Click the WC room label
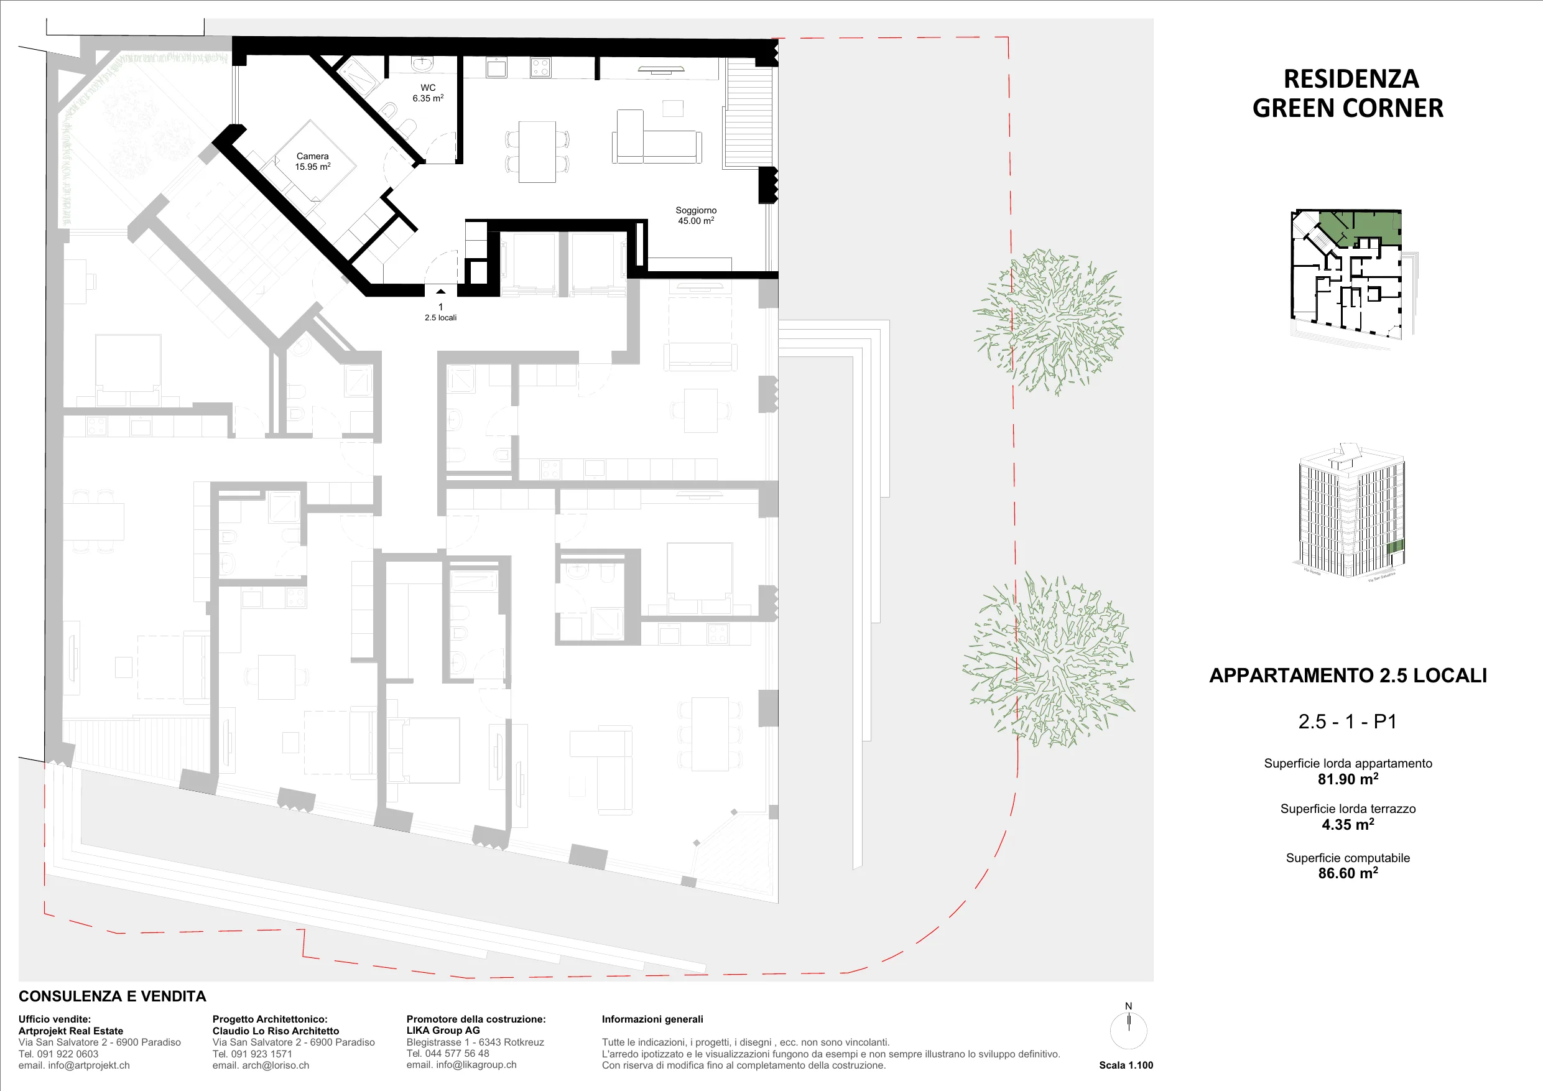tap(428, 93)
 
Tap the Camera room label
tap(312, 161)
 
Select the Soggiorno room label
tap(696, 215)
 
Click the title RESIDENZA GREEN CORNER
tap(1348, 93)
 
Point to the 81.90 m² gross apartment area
tap(1348, 779)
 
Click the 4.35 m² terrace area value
tap(1348, 824)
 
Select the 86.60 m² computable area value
tap(1348, 873)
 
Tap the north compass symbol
tap(1128, 1027)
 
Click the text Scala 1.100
tap(1126, 1065)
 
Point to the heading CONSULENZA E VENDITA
tap(112, 996)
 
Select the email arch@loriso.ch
tap(261, 1065)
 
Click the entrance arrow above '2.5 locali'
tap(440, 292)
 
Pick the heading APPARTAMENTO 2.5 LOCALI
tap(1348, 675)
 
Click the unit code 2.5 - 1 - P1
tap(1348, 722)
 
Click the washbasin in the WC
tap(422, 65)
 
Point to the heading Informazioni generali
tap(652, 1019)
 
